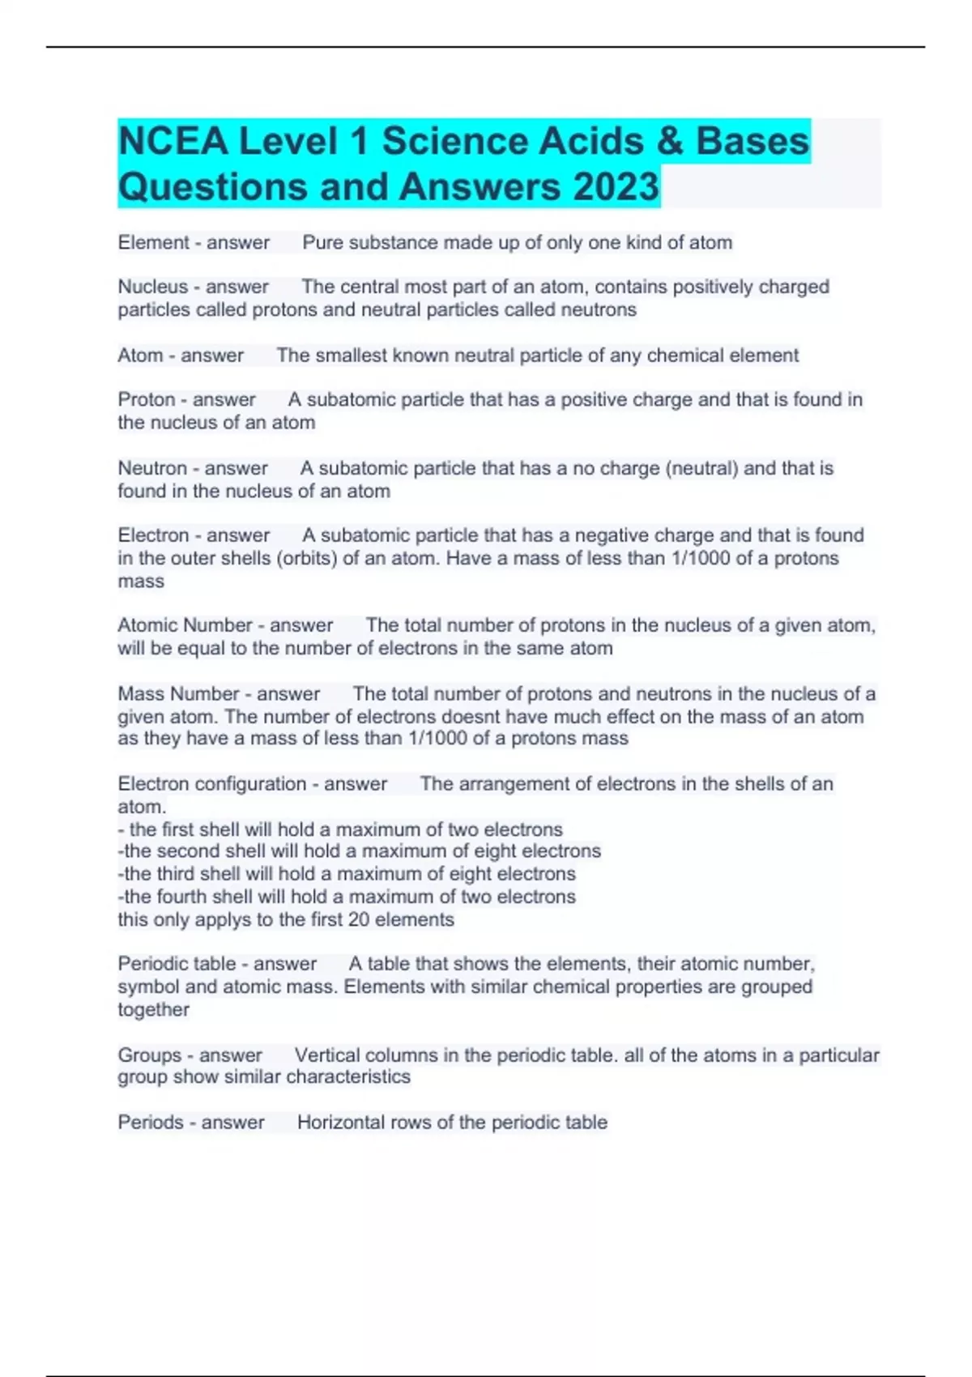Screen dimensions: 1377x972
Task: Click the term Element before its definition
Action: (153, 242)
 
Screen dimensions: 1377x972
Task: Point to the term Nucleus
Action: (152, 287)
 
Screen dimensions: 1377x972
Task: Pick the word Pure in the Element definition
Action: (322, 242)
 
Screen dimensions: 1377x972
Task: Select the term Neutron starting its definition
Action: (152, 468)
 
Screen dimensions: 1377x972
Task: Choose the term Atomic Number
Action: (185, 625)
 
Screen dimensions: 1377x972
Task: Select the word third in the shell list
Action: (176, 874)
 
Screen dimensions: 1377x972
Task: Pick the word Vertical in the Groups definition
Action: (327, 1055)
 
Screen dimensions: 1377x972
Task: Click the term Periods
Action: (151, 1123)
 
